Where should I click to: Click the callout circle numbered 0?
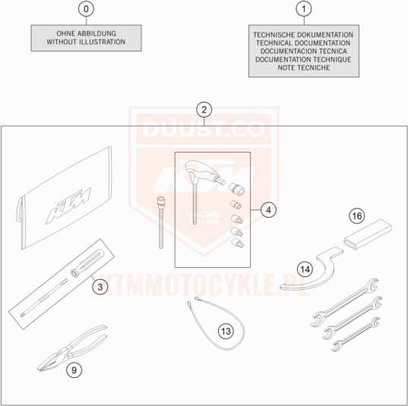[86, 9]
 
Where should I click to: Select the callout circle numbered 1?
[304, 9]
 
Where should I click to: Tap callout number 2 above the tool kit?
[204, 110]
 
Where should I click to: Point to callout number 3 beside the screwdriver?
[100, 287]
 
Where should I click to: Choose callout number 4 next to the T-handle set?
[268, 209]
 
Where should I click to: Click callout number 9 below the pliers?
[74, 370]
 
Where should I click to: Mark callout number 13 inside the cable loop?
[226, 331]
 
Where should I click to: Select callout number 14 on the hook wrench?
[305, 269]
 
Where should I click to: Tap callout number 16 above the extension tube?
[357, 216]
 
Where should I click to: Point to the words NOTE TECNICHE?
[304, 68]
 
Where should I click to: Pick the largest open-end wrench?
[345, 302]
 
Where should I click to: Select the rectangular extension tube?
[368, 234]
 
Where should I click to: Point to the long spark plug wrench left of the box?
[160, 222]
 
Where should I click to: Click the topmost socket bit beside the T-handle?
[237, 188]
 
